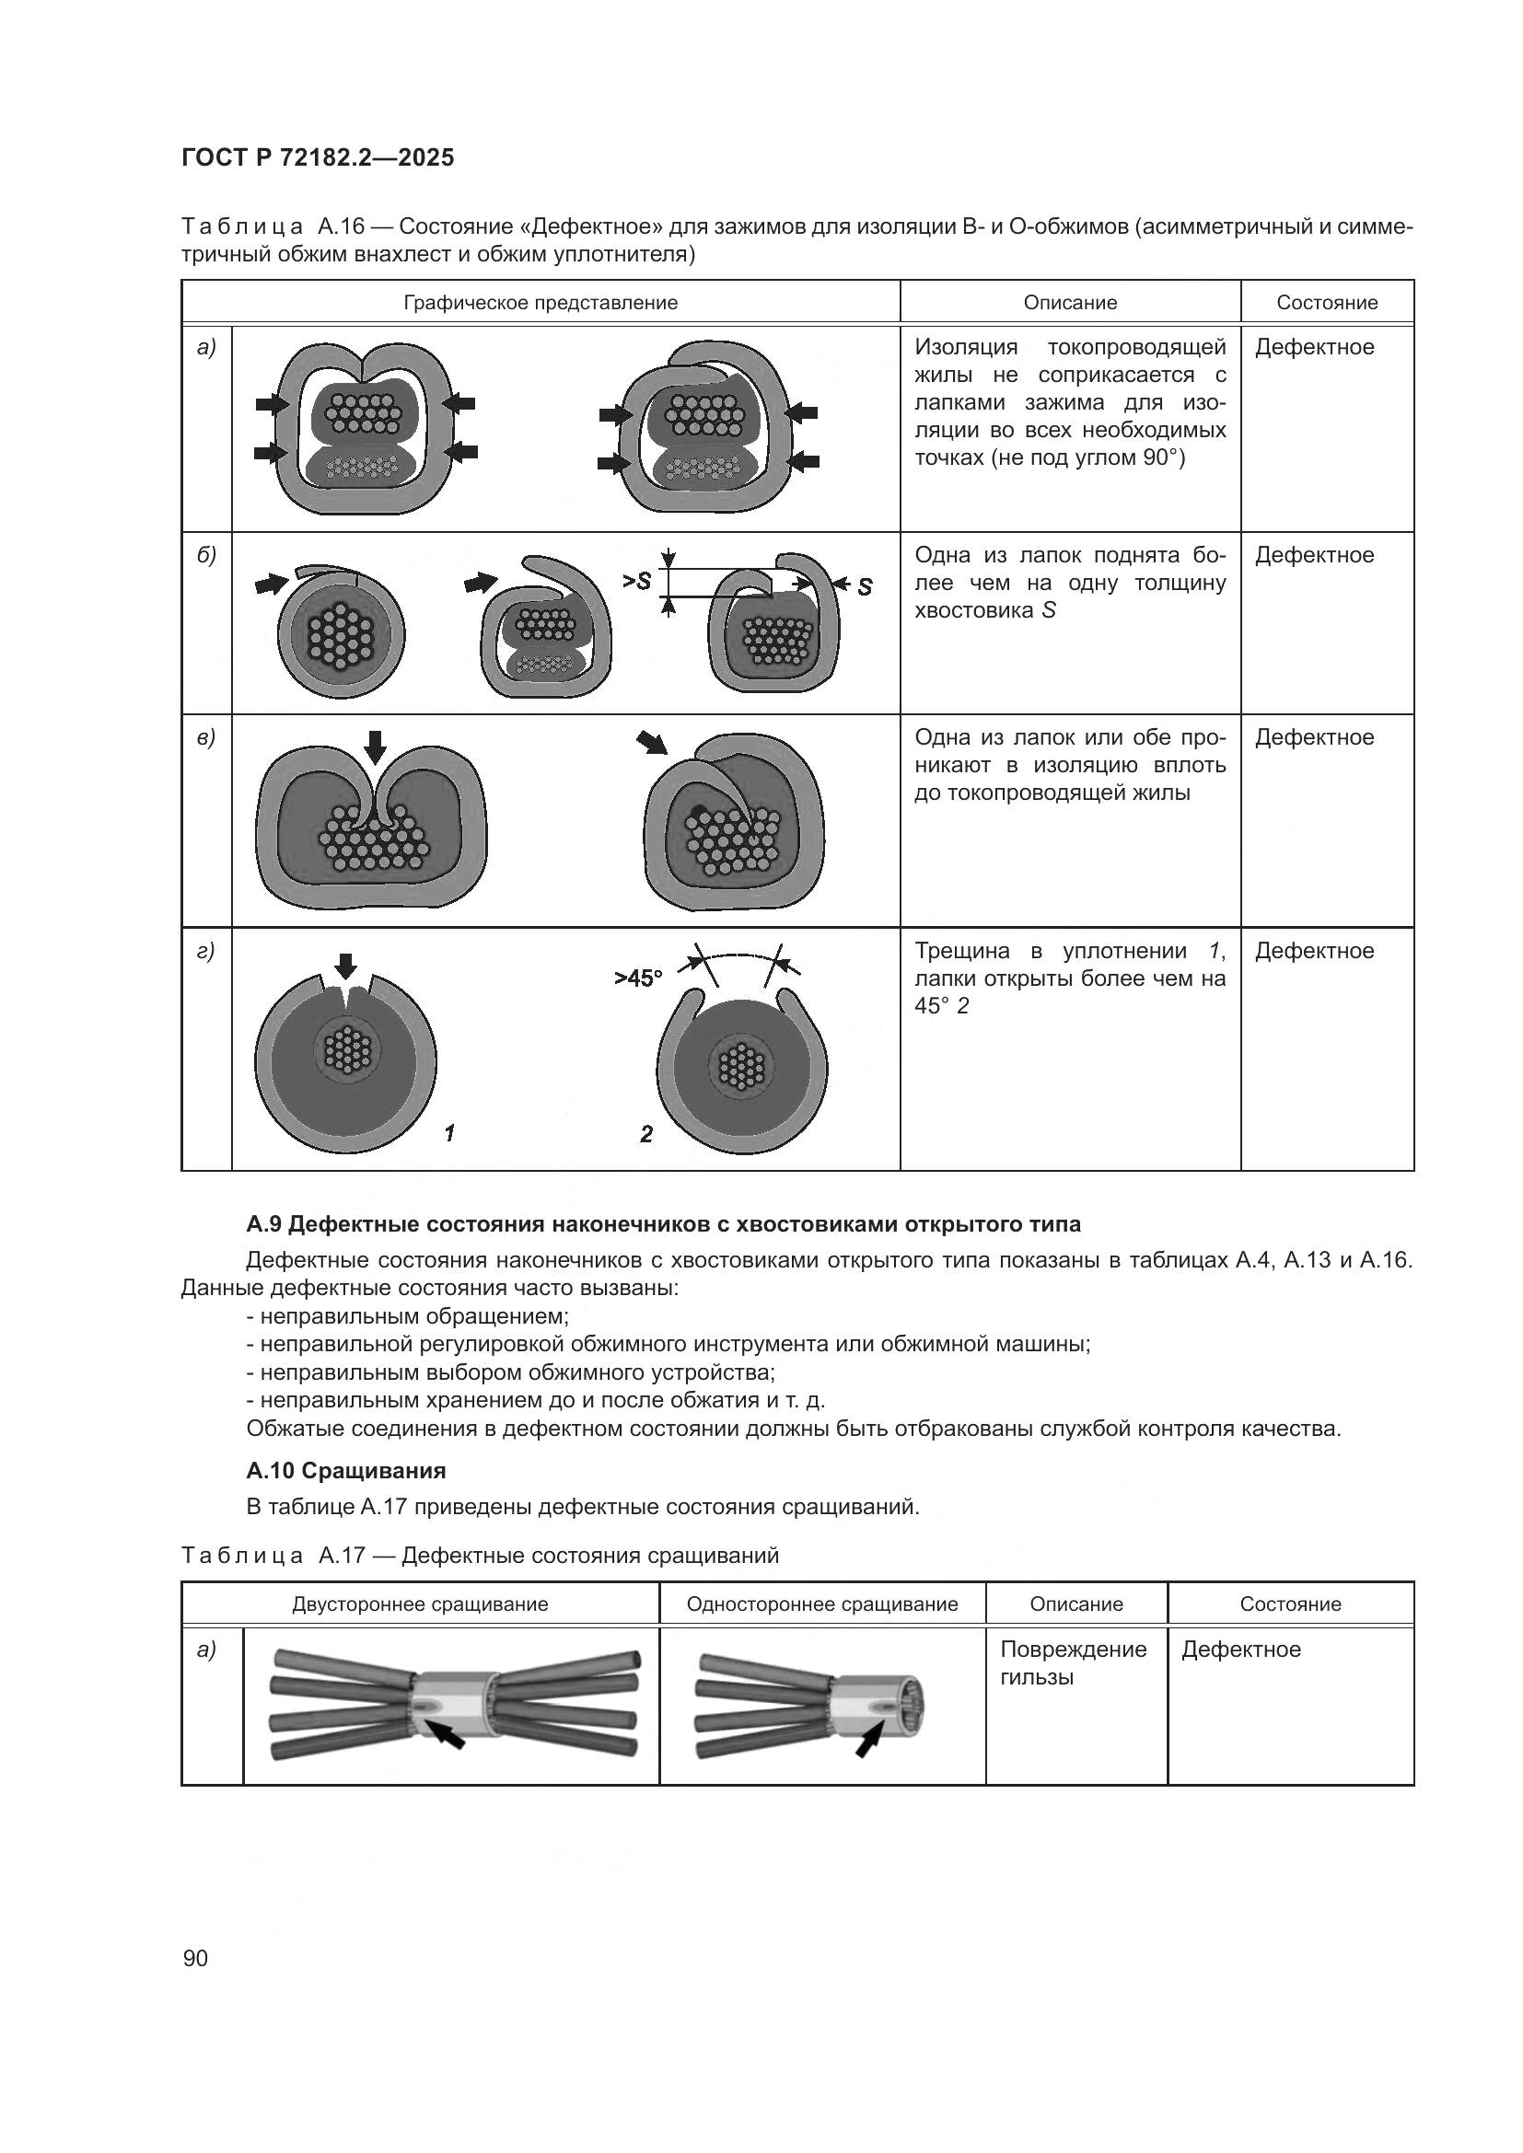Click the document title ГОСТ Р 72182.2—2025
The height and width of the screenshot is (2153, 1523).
tap(317, 157)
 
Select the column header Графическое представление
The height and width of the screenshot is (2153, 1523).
tap(541, 303)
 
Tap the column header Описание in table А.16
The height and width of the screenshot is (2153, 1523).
tap(1070, 303)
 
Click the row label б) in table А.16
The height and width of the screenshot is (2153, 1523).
tap(206, 555)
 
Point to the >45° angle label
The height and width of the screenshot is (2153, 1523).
tap(638, 978)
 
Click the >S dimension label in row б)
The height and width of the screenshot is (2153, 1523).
tap(637, 582)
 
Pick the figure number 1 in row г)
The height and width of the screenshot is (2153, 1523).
tap(450, 1134)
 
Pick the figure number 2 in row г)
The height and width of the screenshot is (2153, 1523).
tap(646, 1135)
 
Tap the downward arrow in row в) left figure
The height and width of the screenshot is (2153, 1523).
tap(375, 747)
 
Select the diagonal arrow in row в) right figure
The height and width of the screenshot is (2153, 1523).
tap(652, 744)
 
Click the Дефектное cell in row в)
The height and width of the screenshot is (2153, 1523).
tap(1314, 737)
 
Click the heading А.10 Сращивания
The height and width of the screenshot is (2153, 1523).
tap(346, 1470)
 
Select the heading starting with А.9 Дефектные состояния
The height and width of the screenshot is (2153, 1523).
tap(663, 1223)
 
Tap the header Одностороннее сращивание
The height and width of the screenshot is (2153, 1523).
tap(821, 1603)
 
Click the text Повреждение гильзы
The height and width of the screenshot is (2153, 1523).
tap(1073, 1662)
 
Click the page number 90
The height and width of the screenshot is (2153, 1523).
tap(196, 1958)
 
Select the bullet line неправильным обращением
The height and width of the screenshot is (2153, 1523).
tap(407, 1315)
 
